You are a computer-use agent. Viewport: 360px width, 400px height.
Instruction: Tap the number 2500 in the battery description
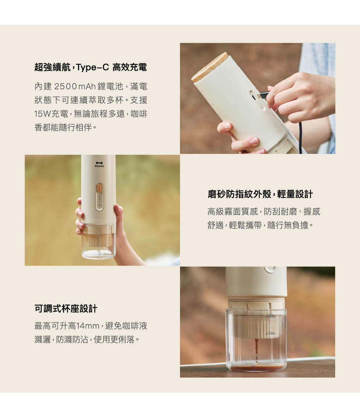point(66,86)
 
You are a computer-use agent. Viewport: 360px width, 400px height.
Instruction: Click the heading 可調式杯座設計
point(66,309)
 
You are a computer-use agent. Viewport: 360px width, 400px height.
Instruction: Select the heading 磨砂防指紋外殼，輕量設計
point(260,194)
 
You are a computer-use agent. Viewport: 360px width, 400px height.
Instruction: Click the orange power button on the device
point(99,188)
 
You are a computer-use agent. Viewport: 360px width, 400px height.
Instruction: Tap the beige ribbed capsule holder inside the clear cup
point(256,326)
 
